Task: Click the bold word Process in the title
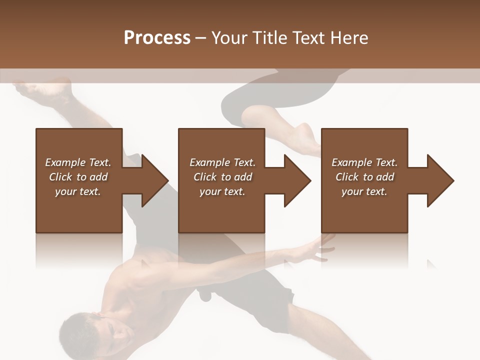[157, 38]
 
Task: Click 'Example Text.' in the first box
[78, 162]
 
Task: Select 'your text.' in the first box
[78, 191]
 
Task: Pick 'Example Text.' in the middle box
[222, 162]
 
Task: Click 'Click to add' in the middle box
[222, 177]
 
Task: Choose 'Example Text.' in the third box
[364, 162]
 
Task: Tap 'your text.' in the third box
[364, 191]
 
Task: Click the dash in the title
[201, 38]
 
